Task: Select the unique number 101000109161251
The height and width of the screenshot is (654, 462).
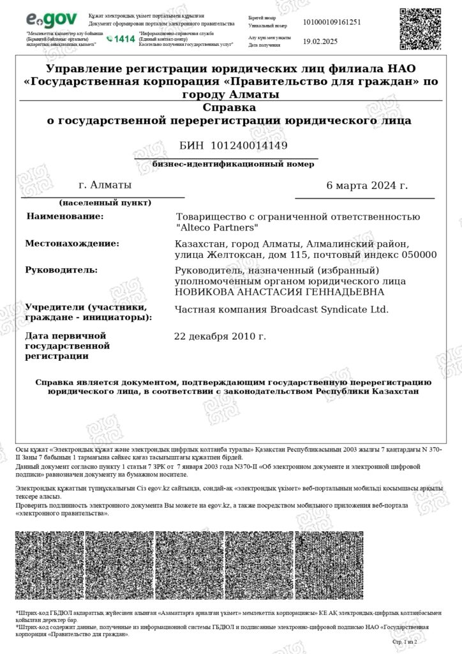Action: click(x=332, y=22)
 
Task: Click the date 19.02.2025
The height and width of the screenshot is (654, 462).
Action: click(x=318, y=41)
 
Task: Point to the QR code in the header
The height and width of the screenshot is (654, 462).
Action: click(x=421, y=29)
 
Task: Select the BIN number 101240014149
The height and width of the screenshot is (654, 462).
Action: click(x=249, y=146)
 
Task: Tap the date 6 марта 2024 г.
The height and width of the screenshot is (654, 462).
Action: click(x=366, y=186)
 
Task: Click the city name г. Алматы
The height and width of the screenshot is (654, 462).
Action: click(x=105, y=185)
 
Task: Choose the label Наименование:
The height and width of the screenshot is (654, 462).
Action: click(x=64, y=217)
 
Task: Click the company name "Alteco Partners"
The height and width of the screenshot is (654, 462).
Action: click(x=217, y=227)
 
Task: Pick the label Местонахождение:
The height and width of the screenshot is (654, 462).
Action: click(x=72, y=243)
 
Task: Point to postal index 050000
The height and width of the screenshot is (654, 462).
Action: click(x=416, y=255)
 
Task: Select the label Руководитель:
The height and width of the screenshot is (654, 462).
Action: click(x=61, y=270)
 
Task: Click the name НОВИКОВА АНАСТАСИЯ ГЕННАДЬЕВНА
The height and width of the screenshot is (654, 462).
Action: click(x=279, y=293)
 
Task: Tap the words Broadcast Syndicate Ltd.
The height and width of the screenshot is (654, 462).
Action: click(x=326, y=309)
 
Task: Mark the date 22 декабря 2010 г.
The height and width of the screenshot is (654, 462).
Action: click(x=220, y=336)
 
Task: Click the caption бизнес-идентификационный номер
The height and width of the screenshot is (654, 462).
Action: click(x=233, y=164)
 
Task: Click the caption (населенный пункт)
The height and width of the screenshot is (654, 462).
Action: click(x=105, y=203)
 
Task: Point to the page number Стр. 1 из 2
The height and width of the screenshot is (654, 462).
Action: click(x=405, y=641)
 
